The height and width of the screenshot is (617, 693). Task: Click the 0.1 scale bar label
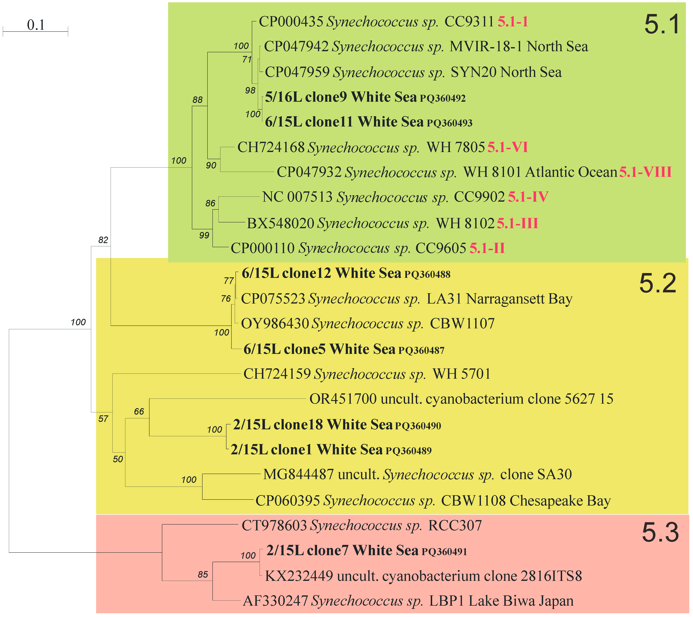click(x=36, y=25)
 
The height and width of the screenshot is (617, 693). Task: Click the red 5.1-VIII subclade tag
click(x=645, y=172)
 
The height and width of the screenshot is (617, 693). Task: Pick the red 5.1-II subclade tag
click(x=487, y=248)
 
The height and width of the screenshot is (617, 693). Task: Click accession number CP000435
click(x=291, y=22)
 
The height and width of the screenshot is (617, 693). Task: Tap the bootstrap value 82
click(x=103, y=240)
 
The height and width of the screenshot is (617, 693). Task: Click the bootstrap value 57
click(x=103, y=419)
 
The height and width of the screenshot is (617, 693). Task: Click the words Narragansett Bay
click(x=519, y=299)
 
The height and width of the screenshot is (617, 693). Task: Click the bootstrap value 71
click(x=247, y=60)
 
